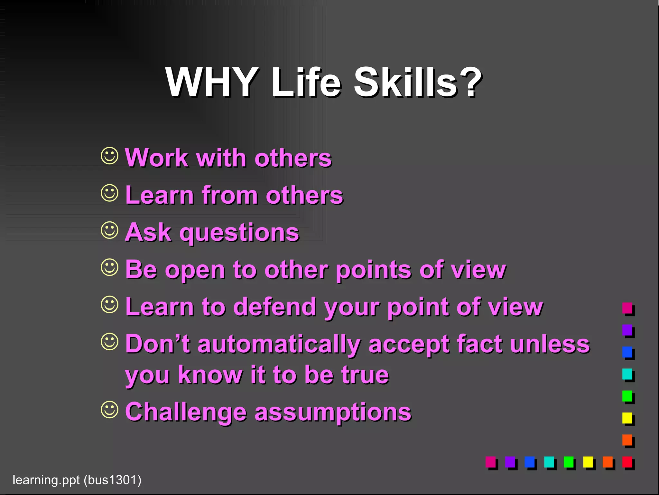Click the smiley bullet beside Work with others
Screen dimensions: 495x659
pyautogui.click(x=110, y=156)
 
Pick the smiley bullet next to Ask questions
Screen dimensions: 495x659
pyautogui.click(x=110, y=230)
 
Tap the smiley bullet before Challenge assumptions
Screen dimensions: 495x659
pyautogui.click(x=110, y=410)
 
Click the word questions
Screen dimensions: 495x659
pyautogui.click(x=239, y=233)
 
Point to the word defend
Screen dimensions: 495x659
pyautogui.click(x=275, y=307)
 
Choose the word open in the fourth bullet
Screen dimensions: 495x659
pyautogui.click(x=195, y=270)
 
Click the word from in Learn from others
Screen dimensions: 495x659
pyautogui.click(x=229, y=195)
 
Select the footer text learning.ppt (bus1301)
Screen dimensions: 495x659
pyautogui.click(x=77, y=480)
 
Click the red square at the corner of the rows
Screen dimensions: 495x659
pyautogui.click(x=627, y=462)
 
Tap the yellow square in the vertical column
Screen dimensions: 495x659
pyautogui.click(x=627, y=418)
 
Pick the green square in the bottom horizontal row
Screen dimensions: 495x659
pyautogui.click(x=569, y=462)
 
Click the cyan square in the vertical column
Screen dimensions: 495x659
pyautogui.click(x=627, y=374)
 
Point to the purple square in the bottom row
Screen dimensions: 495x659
pyautogui.click(x=510, y=462)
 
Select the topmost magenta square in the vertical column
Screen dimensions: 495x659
pyautogui.click(x=627, y=308)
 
